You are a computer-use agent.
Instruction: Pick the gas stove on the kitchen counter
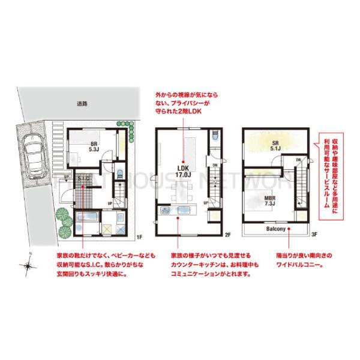165,211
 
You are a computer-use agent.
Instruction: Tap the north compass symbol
28,264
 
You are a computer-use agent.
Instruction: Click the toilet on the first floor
119,175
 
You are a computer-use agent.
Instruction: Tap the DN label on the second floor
214,165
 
